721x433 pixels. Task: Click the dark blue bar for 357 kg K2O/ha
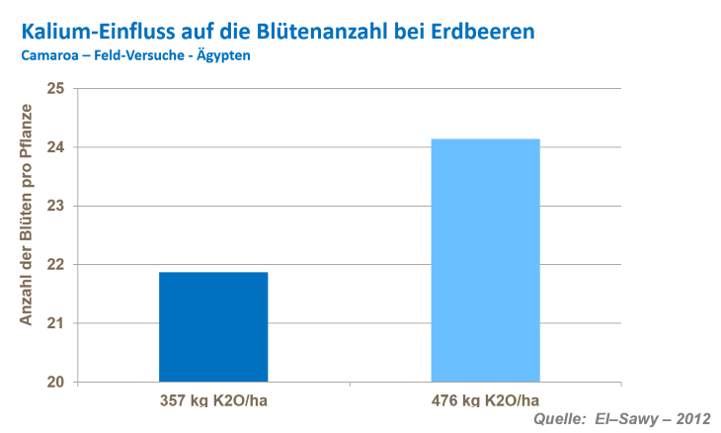[213, 326]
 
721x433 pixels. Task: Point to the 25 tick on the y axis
[55, 89]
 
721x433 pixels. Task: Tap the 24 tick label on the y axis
[55, 147]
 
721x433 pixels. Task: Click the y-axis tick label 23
[55, 206]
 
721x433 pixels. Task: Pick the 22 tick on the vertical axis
[55, 265]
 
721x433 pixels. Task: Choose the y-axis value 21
[55, 323]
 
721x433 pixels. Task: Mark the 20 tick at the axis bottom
[55, 383]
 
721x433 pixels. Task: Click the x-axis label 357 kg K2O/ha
[213, 400]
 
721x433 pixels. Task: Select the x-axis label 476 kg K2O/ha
[485, 400]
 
